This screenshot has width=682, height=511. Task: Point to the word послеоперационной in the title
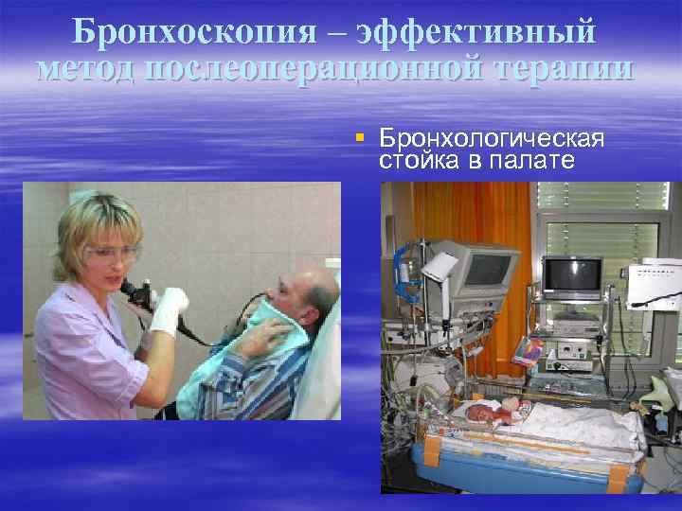click(323, 68)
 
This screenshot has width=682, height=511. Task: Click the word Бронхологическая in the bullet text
click(492, 140)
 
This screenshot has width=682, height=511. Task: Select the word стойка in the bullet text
click(416, 160)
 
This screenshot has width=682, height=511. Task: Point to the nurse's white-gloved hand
click(168, 309)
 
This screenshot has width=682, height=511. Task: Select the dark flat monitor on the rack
click(570, 274)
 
